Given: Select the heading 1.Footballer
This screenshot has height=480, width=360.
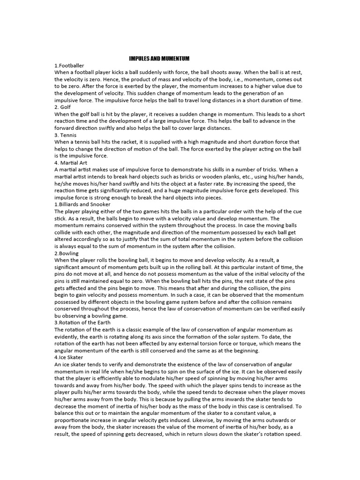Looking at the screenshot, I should pyautogui.click(x=69, y=65).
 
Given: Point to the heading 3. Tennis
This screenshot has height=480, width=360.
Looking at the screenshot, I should pyautogui.click(x=66, y=135).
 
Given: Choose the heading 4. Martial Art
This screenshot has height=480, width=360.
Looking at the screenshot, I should pyautogui.click(x=71, y=163).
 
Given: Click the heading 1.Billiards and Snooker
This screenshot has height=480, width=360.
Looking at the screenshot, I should pyautogui.click(x=82, y=204).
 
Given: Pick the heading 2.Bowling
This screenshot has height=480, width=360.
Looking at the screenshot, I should pyautogui.click(x=67, y=253).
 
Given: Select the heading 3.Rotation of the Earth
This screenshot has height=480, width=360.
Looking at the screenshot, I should pyautogui.click(x=82, y=322).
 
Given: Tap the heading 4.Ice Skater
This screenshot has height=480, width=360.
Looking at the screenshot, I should pyautogui.click(x=69, y=357).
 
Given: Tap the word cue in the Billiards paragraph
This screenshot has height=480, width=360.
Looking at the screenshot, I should pyautogui.click(x=298, y=211).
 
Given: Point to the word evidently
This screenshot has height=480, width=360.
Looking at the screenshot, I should pyautogui.click(x=68, y=337).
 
